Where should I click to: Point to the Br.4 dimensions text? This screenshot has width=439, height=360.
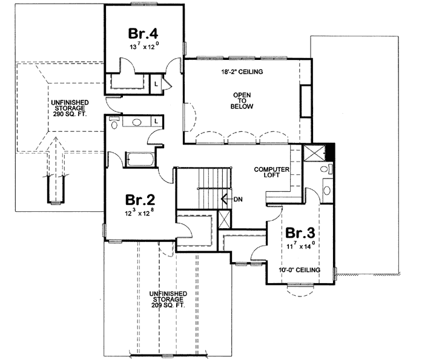pos(142,45)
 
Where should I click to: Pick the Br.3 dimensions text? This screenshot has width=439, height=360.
pos(302,246)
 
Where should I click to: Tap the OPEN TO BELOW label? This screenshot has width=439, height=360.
pos(241,101)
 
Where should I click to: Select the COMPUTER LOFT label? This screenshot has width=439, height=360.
pos(269,174)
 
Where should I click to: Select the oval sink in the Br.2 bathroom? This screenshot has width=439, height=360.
pos(137,122)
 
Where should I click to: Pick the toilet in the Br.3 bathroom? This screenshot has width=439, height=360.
pos(326,169)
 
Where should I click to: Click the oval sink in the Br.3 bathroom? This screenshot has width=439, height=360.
pos(328,191)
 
